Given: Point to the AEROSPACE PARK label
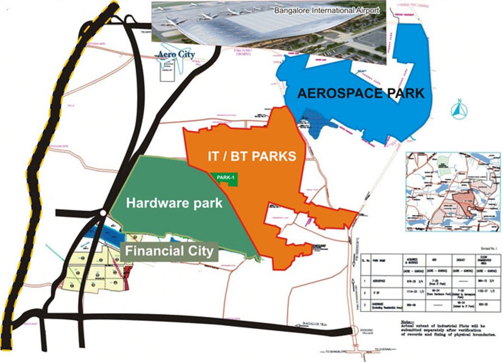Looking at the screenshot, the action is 360,93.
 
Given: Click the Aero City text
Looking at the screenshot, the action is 177,55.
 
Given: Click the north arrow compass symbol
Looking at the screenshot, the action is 459,110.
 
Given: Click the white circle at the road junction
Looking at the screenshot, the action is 102,214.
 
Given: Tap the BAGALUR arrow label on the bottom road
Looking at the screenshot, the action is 314,325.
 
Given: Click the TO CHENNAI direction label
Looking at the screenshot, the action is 384,349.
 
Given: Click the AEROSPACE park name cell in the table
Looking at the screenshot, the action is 384,280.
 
